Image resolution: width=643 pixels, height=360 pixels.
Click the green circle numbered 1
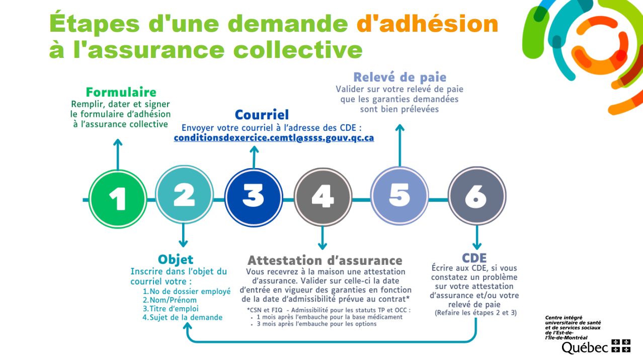tap(118, 199)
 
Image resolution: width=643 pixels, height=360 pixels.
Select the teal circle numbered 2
tap(184, 194)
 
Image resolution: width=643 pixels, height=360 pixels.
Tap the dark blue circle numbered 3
tap(254, 197)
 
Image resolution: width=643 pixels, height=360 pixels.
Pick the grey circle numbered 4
tap(323, 197)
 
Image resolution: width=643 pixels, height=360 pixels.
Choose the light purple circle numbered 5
tap(399, 196)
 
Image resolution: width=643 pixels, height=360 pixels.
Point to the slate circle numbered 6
tap(477, 196)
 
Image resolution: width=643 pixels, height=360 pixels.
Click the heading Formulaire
tap(121, 92)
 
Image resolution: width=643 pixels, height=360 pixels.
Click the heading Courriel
tap(262, 115)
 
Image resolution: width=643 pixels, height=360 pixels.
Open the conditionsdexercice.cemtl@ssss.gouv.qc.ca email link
tap(274, 138)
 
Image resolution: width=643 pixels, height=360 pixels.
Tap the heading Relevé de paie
tap(400, 77)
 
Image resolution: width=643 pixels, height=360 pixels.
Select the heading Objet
tap(176, 260)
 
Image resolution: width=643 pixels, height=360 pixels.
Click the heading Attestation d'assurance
tap(325, 260)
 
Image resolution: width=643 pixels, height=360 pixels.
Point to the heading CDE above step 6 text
tap(474, 258)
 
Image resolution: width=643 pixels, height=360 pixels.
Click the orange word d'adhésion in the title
tap(428, 24)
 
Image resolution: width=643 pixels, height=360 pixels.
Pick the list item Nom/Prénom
tap(170, 300)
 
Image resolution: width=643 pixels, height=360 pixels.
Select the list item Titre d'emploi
tap(171, 309)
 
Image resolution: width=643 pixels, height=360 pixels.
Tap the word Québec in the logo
tap(585, 348)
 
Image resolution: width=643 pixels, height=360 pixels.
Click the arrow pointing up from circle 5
tap(400, 145)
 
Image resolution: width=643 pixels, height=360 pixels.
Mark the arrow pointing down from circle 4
tap(323, 238)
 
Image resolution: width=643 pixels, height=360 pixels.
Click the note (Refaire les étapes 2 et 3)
tap(475, 313)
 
